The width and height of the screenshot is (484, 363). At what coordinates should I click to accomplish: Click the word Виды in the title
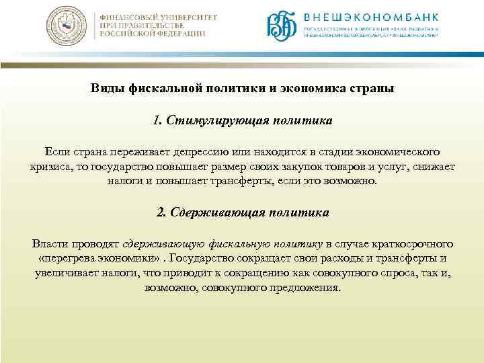[107, 88]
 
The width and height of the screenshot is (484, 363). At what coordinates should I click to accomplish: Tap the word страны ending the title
[368, 88]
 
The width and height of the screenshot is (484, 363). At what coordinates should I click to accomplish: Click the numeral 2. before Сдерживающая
[160, 212]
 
